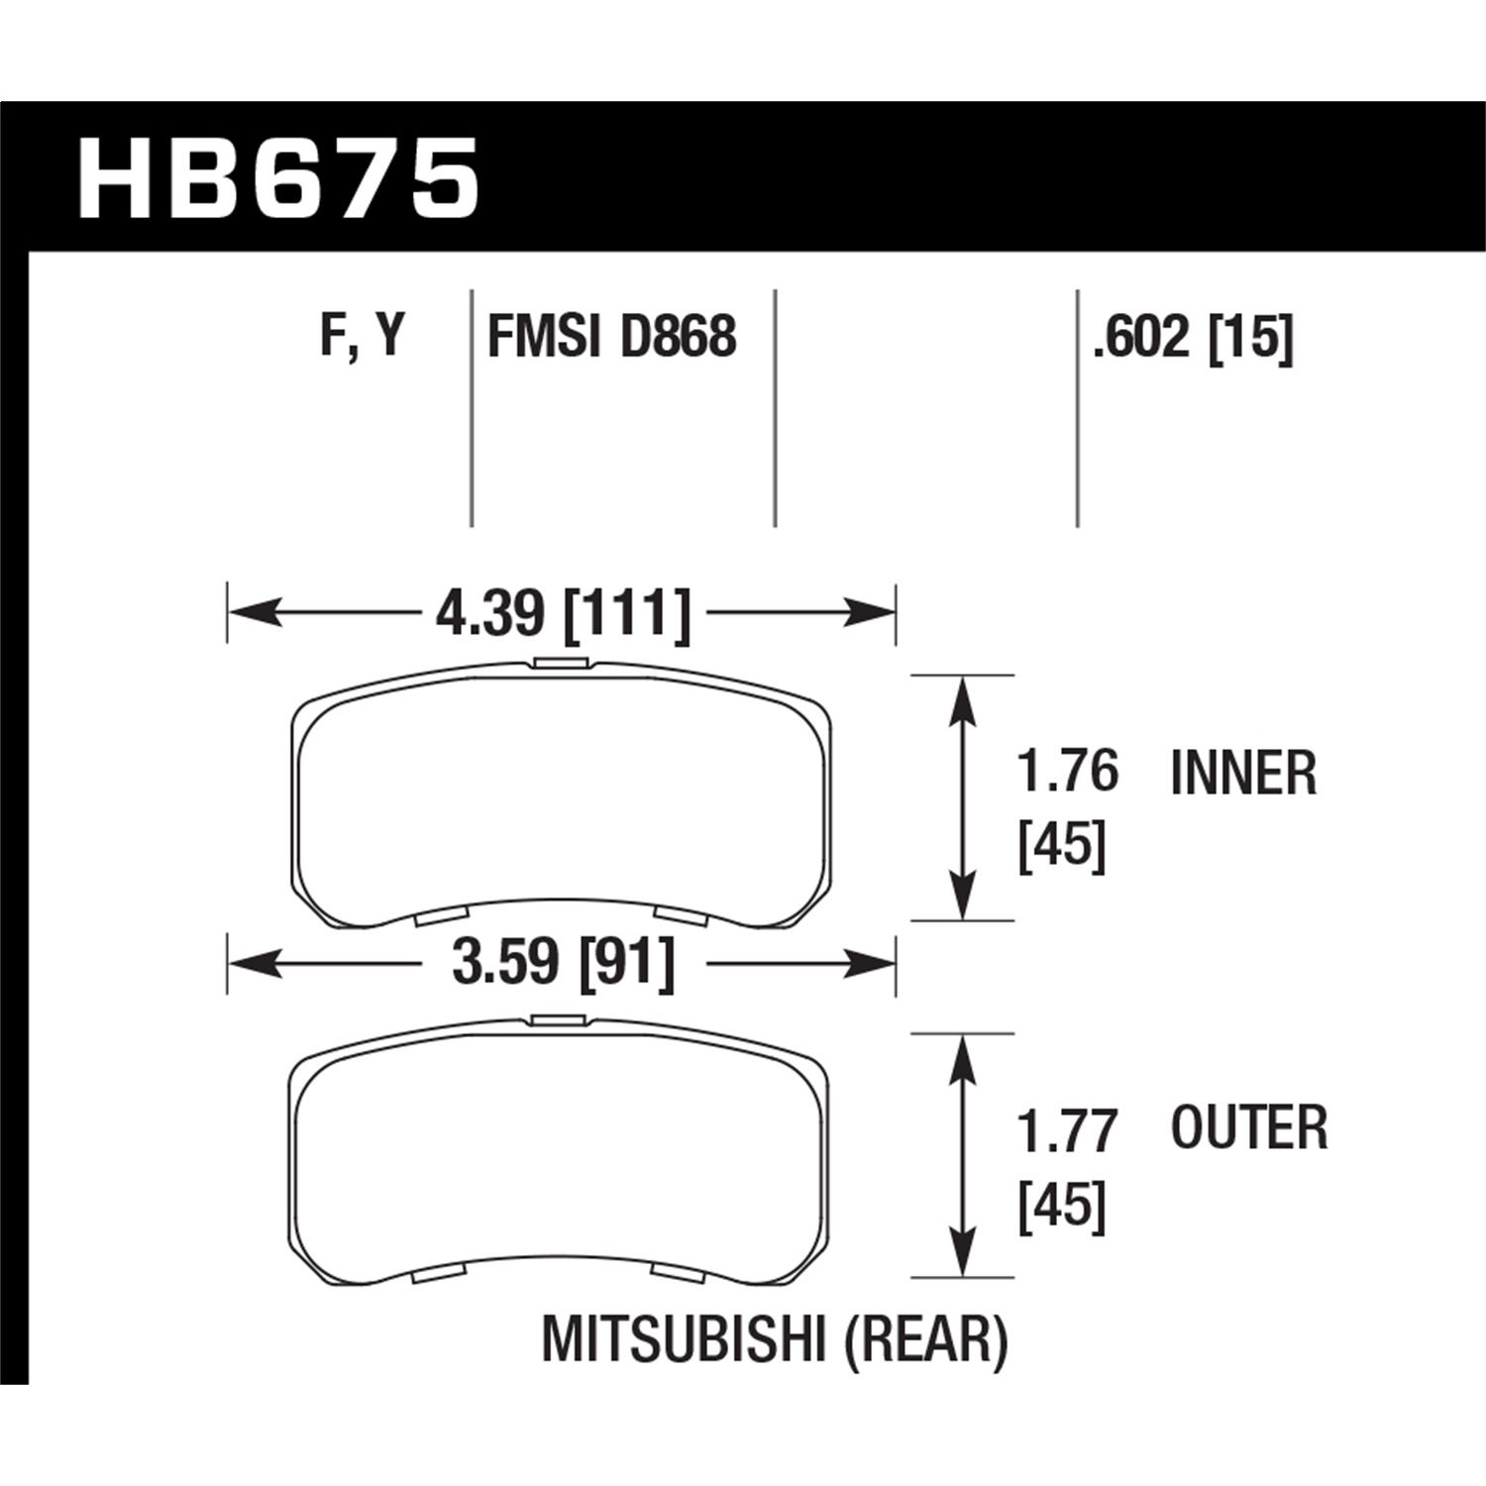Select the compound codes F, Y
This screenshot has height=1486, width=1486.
[x=364, y=336]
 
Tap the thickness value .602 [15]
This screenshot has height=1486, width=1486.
[x=1193, y=339]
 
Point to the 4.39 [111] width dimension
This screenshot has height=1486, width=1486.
[x=562, y=614]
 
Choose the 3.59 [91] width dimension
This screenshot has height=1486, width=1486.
[x=562, y=962]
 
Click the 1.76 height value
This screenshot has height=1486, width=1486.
[x=1068, y=772]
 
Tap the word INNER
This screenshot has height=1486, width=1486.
[x=1243, y=774]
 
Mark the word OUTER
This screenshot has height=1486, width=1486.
[x=1249, y=1128]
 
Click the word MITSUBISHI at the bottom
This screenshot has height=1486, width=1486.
[x=683, y=1342]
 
